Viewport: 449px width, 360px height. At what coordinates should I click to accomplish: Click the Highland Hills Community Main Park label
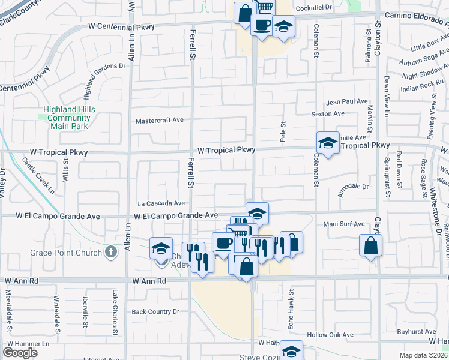66,118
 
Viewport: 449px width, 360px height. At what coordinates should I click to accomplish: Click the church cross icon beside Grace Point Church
110,252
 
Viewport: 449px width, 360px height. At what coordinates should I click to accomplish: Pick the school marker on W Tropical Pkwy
328,143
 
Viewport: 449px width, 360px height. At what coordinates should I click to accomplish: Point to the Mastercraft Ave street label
159,120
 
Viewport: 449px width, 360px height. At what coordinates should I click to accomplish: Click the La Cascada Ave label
161,203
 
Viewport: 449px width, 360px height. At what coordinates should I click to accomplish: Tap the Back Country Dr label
155,311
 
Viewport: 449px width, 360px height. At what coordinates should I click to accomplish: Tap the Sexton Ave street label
327,113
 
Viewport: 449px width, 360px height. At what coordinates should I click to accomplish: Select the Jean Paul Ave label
346,102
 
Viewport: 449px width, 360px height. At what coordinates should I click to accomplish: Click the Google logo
20,352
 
